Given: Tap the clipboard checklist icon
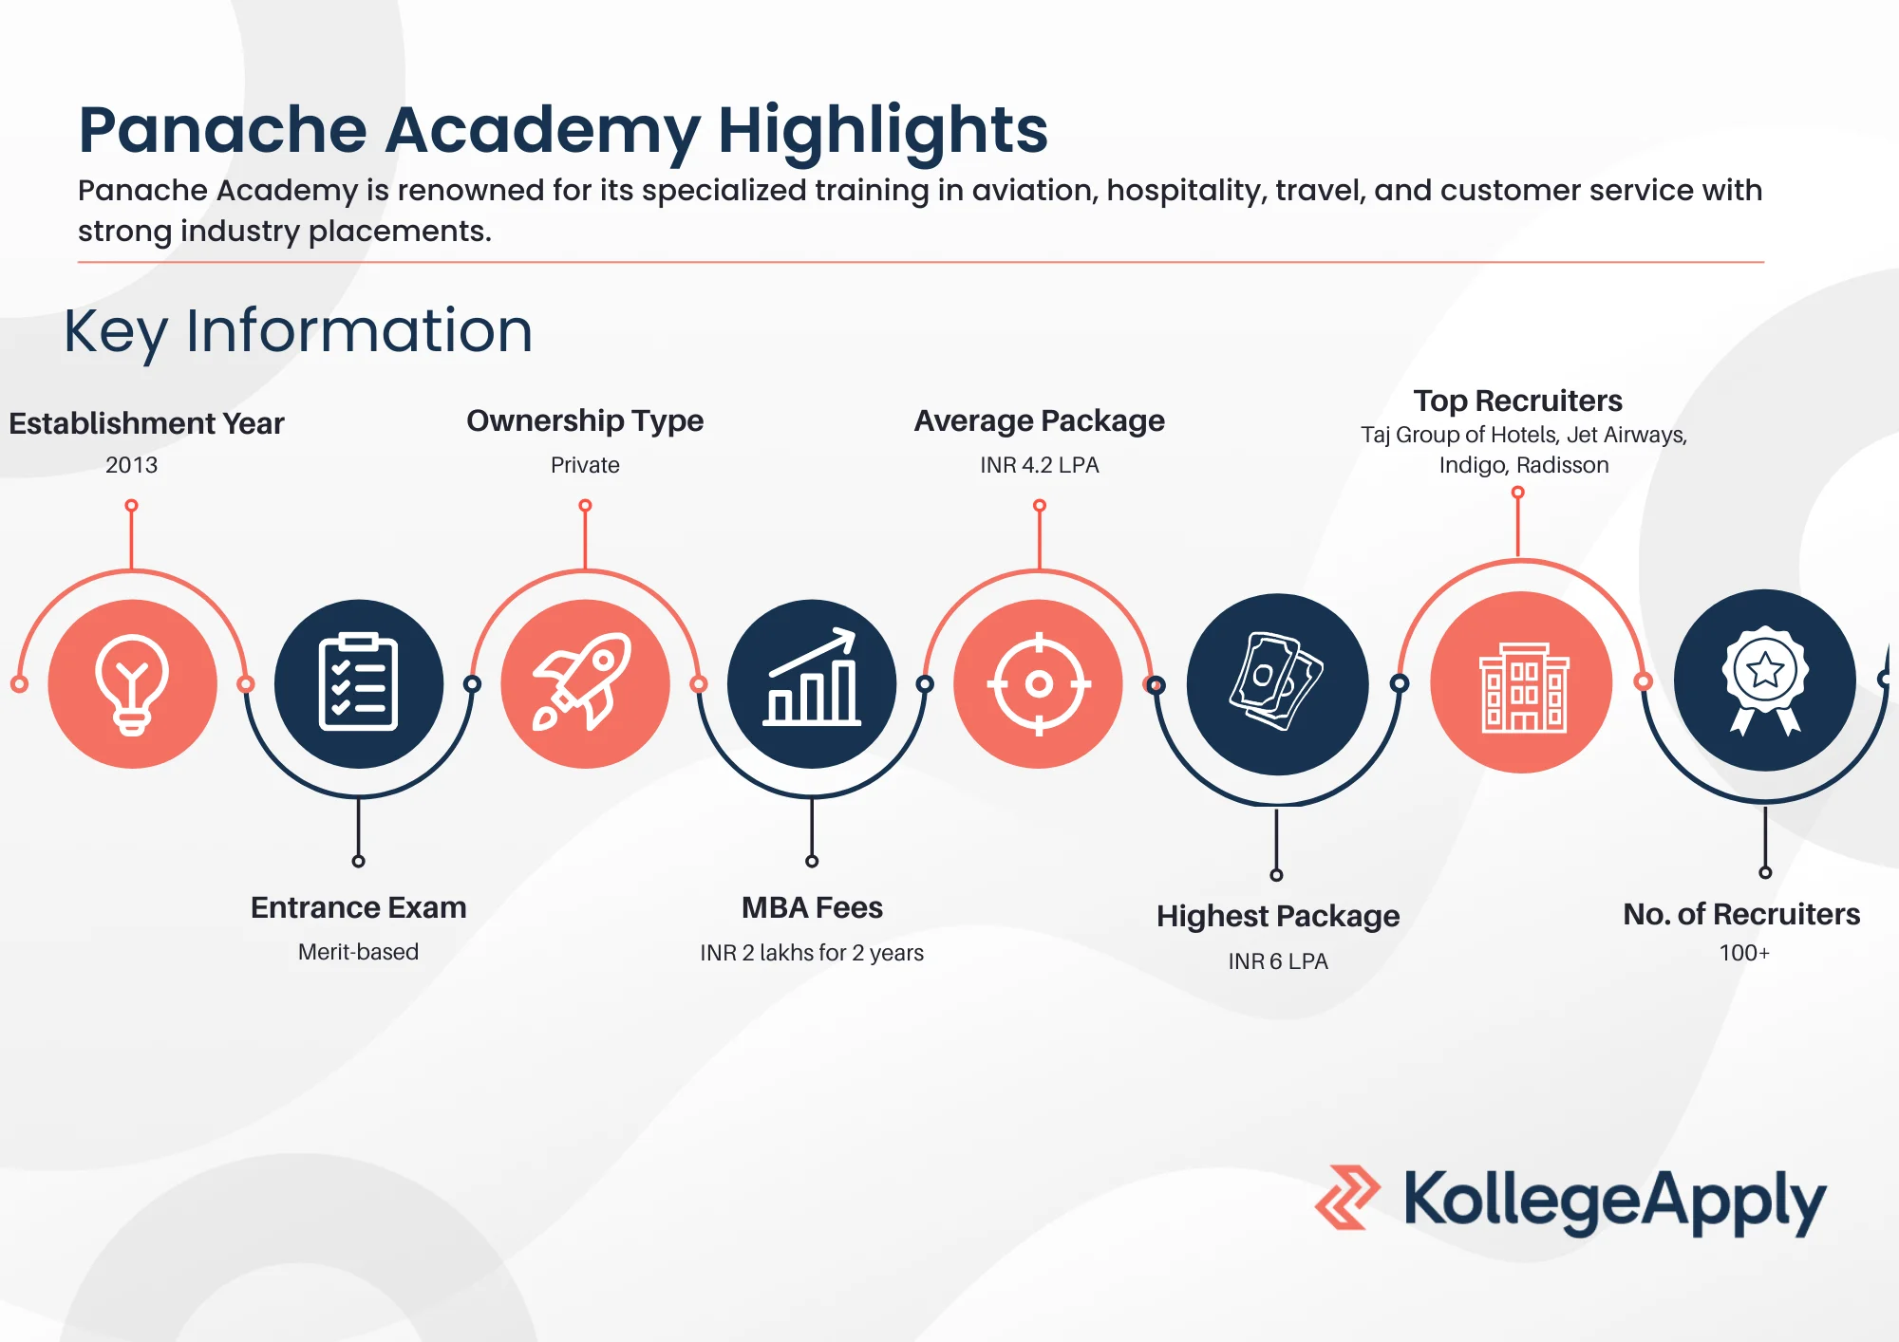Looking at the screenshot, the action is (x=358, y=682).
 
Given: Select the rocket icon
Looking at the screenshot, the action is (x=584, y=682).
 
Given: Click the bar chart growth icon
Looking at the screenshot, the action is (x=812, y=678).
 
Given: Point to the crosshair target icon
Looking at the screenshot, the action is (x=1039, y=683).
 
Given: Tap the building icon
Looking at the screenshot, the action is (x=1524, y=687).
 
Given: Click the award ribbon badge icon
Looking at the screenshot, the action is (x=1765, y=680).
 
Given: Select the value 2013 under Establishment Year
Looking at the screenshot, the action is (x=132, y=465).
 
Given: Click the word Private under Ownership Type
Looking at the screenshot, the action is (x=585, y=465).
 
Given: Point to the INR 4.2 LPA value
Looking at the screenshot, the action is (x=1040, y=465).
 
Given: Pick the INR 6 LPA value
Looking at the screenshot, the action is (x=1278, y=961).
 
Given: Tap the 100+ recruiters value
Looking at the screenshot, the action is (x=1744, y=953).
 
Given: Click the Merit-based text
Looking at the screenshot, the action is (x=358, y=952).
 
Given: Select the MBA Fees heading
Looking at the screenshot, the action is (x=812, y=907).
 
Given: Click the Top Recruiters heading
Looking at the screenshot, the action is (x=1517, y=401).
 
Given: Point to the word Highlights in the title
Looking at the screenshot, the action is (x=883, y=132).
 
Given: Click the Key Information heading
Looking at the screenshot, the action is (x=298, y=332).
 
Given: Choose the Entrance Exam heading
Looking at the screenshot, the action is (x=358, y=907).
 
